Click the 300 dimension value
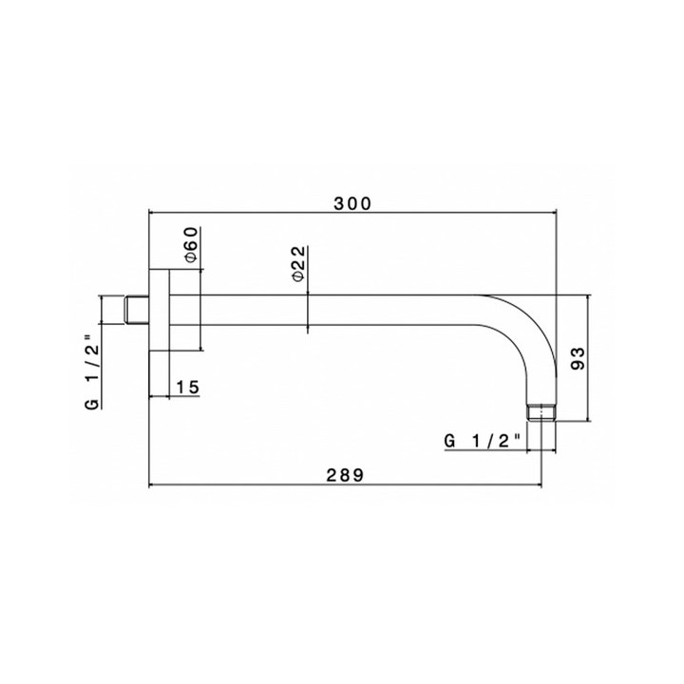click(352, 203)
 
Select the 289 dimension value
click(345, 475)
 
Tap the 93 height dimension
click(578, 358)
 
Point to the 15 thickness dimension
click(187, 387)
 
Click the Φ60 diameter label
click(192, 245)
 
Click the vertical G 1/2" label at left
click(92, 372)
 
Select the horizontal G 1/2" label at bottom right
click(483, 441)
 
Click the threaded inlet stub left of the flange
click(136, 310)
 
